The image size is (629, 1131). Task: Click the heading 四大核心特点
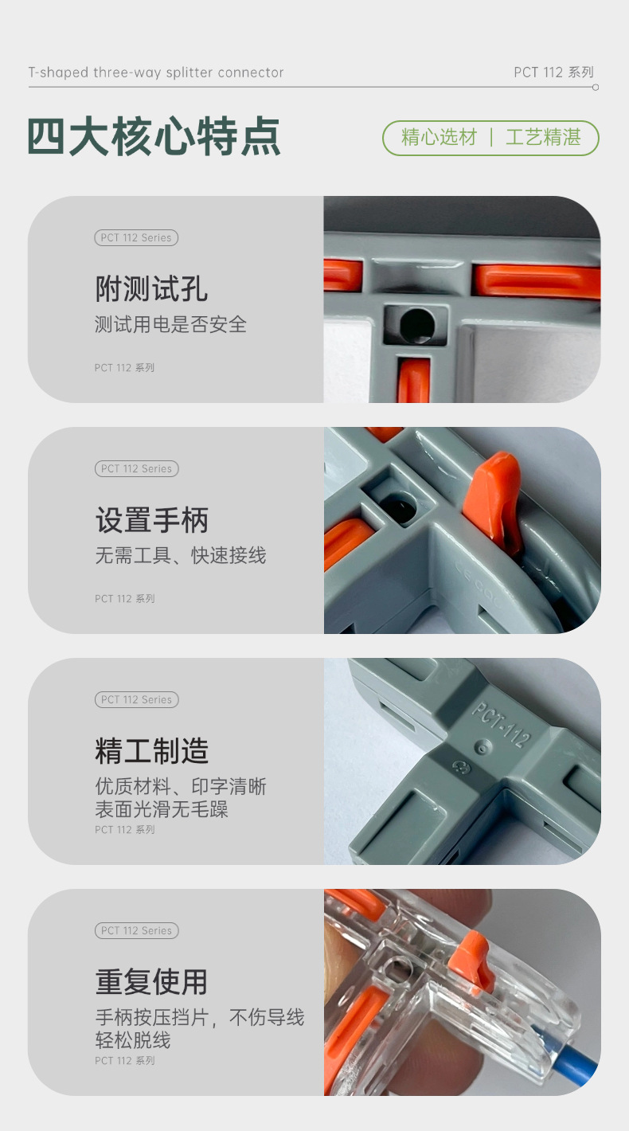click(x=154, y=136)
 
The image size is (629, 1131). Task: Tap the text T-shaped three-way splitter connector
click(x=156, y=72)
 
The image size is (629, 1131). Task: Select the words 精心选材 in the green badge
click(x=439, y=138)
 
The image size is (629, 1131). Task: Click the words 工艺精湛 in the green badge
click(x=543, y=138)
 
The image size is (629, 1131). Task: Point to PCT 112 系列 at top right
click(x=553, y=72)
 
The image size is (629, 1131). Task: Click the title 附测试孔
click(x=151, y=289)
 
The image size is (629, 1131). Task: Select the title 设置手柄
click(x=151, y=520)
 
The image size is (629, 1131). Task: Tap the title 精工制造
click(x=151, y=751)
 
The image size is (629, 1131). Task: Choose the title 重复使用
click(x=151, y=982)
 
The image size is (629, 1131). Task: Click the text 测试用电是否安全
click(x=170, y=324)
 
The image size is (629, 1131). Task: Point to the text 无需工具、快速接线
click(x=180, y=555)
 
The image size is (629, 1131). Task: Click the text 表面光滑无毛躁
click(x=161, y=809)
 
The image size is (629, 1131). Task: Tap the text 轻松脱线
click(x=132, y=1040)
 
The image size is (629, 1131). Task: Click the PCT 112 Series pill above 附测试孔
click(x=136, y=237)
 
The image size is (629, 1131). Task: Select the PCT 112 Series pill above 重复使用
click(x=136, y=930)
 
